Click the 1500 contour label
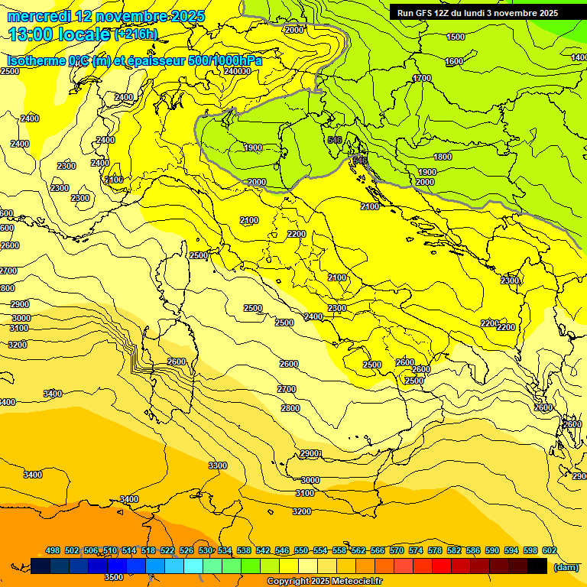[456, 37]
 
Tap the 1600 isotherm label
[454, 61]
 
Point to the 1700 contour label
[422, 78]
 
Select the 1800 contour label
[443, 157]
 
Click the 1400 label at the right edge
[579, 57]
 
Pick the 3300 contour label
[218, 465]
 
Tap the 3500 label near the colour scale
[114, 577]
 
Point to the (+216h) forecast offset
[136, 34]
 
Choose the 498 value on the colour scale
[53, 550]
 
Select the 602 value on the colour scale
[550, 550]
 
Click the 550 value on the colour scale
[301, 550]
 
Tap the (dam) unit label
[566, 566]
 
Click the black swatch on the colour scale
[537, 566]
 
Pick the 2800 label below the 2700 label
[290, 408]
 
